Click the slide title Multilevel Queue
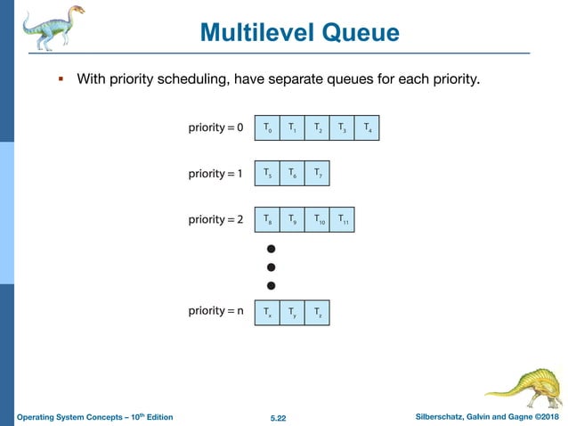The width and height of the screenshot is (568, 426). [300, 33]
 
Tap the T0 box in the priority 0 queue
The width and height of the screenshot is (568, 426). [266, 128]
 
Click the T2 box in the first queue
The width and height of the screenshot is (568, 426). [317, 128]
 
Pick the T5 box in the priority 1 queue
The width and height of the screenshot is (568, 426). [266, 173]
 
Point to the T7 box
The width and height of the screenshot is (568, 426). [317, 173]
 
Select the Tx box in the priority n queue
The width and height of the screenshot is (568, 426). [266, 312]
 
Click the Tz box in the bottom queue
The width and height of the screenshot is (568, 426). [317, 312]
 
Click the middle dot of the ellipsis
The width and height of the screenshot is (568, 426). [272, 266]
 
